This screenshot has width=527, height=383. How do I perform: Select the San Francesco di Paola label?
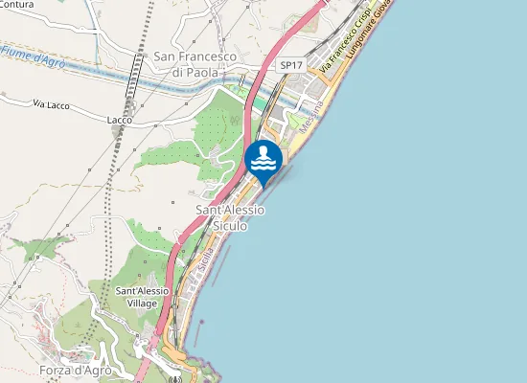point(195,64)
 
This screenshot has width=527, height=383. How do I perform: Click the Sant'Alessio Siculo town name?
point(230,217)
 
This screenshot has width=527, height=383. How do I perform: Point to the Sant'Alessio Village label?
point(142,296)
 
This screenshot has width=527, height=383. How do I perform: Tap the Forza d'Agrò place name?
point(77,371)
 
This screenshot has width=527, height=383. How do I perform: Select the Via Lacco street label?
point(53,102)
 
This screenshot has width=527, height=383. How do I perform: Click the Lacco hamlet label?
point(120,120)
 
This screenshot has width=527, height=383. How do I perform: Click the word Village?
point(142,303)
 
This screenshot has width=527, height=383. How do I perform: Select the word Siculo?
point(230,226)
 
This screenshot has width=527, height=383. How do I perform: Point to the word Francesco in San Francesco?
point(209,57)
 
